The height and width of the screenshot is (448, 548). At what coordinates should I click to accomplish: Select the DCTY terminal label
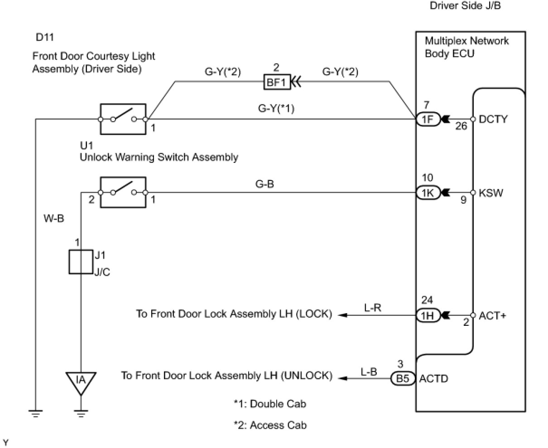pos(494,119)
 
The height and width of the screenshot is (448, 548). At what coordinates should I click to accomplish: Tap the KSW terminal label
pos(491,193)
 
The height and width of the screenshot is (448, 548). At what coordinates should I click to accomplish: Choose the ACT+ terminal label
pos(492,315)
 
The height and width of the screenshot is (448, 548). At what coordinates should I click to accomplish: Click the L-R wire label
pos(372,308)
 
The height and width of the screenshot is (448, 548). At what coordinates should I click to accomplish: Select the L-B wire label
pos(369,371)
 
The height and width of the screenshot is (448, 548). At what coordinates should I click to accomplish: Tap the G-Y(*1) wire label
pos(276,109)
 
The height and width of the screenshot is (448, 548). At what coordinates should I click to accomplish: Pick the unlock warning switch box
pos(123,193)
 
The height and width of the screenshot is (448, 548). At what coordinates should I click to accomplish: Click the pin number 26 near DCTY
pos(461,126)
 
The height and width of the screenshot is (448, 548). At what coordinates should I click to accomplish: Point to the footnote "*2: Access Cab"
pos(270,425)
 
